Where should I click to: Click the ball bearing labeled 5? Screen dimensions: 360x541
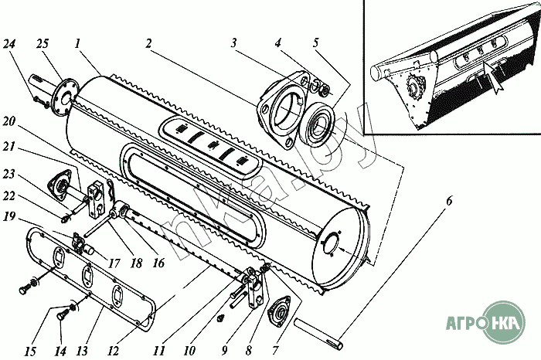click(x=318, y=124)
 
